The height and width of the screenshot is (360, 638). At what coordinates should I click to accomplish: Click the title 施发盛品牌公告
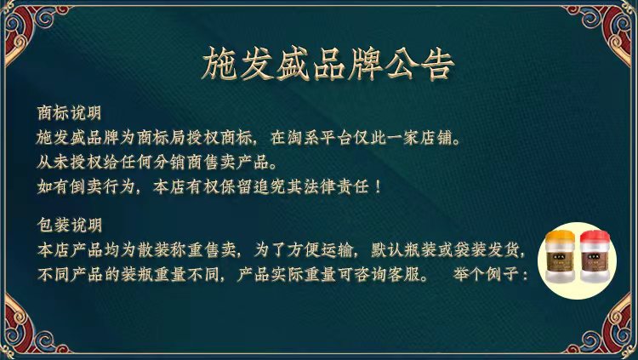[x=328, y=65]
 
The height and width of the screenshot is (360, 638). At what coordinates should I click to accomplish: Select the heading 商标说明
[x=69, y=113]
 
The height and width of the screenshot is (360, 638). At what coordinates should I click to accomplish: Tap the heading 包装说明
[x=69, y=225]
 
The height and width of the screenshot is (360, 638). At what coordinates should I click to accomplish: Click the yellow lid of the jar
[x=560, y=237]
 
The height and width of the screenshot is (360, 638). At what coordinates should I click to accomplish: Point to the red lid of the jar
[x=595, y=237]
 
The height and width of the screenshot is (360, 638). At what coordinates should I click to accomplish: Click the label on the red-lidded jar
[x=595, y=261]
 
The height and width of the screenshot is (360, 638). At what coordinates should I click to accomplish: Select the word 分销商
[x=179, y=163]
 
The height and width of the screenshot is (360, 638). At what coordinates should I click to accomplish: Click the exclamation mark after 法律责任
[x=378, y=187]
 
